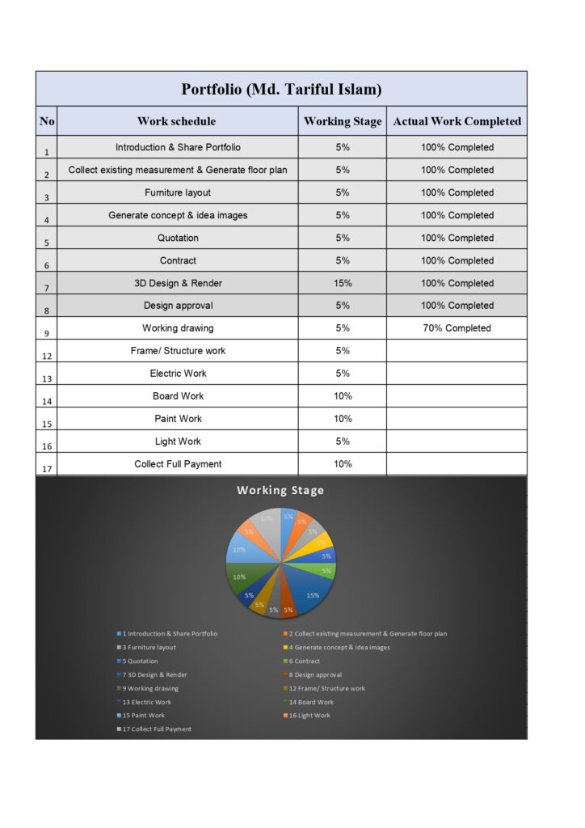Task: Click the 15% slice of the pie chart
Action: tap(311, 594)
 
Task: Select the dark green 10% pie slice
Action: tap(240, 577)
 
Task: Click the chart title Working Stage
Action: tap(280, 490)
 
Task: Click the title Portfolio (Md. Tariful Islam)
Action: tap(281, 89)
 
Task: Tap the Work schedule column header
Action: tap(177, 121)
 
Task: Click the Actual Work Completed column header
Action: tap(457, 121)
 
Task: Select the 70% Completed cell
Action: tap(457, 328)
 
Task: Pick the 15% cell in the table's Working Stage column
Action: tap(343, 283)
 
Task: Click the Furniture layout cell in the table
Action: tap(178, 192)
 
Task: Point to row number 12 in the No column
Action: tap(47, 354)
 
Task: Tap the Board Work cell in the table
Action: tap(178, 396)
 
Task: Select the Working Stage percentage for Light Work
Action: tap(343, 441)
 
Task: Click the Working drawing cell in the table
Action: tap(178, 328)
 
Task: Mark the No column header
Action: tap(47, 121)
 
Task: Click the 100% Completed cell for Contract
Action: tap(457, 260)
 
